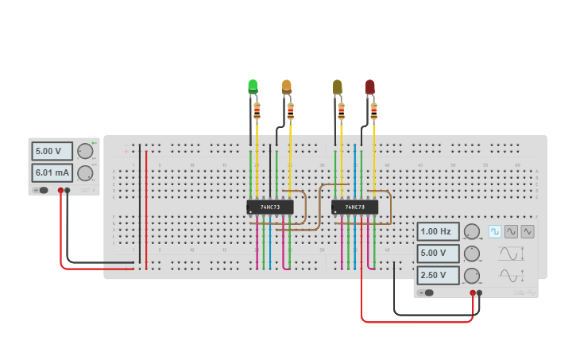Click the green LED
coord(253,86)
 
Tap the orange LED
coord(287,86)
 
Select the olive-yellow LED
coord(338,86)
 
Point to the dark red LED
coord(370,86)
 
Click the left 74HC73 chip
coord(270,207)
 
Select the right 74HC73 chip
coord(354,207)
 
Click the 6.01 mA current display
coord(52,173)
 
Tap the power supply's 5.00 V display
coord(52,151)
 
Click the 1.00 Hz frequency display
coord(438,232)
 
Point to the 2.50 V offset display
coord(438,276)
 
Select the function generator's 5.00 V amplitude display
coord(438,254)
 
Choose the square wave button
coord(495,231)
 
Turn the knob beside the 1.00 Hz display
coord(472,232)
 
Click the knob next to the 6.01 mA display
coord(85,173)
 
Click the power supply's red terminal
coord(60,191)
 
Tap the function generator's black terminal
coord(479,293)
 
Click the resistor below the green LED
coord(257,111)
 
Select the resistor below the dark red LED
coord(373,111)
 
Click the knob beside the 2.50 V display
coord(472,276)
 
